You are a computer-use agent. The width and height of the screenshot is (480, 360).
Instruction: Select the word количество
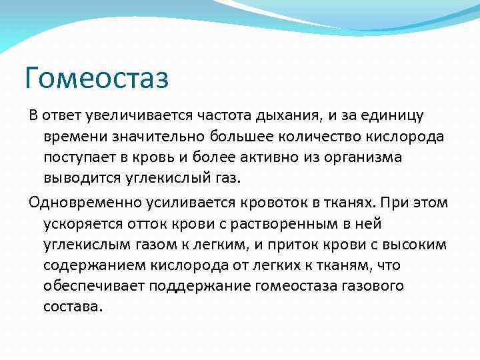pos(303,137)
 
